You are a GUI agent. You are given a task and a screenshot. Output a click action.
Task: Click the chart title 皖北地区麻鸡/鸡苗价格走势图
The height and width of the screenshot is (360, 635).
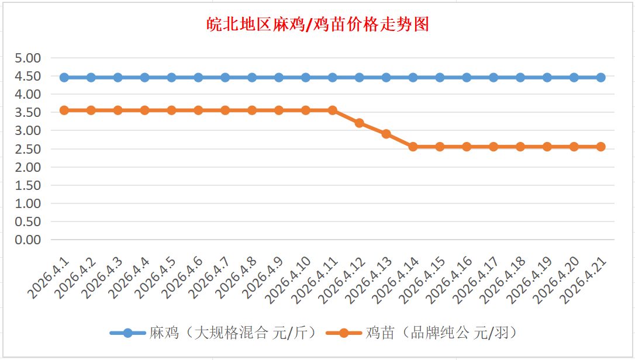[317, 25]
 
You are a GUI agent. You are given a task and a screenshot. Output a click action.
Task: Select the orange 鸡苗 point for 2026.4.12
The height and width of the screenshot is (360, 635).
[360, 123]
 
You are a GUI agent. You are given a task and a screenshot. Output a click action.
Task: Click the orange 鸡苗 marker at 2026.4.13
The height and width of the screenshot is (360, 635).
[386, 134]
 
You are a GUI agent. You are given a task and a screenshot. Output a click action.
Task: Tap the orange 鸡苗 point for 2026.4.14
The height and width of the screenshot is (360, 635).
[413, 147]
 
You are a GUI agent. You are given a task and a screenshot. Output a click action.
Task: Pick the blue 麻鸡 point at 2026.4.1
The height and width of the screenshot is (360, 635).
[64, 77]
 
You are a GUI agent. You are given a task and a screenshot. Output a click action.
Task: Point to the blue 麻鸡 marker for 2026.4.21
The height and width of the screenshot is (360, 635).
[601, 77]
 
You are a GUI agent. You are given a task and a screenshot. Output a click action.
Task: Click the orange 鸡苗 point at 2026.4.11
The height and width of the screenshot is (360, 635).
[333, 110]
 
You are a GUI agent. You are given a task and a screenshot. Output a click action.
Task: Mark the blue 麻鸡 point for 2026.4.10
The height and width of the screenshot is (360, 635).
[306, 77]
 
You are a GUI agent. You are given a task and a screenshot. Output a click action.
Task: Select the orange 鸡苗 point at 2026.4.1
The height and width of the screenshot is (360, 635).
[64, 110]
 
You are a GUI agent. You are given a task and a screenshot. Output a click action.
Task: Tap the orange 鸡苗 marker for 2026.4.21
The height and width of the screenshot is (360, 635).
[601, 147]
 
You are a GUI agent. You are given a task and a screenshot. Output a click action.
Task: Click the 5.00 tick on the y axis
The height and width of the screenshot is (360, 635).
[28, 58]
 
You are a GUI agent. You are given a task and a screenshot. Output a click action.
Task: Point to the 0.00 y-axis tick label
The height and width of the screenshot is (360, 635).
[28, 240]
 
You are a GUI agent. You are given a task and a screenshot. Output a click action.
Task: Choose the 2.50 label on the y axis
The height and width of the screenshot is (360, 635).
[28, 149]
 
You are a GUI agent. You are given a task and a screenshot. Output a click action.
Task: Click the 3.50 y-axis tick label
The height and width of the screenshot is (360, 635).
[28, 112]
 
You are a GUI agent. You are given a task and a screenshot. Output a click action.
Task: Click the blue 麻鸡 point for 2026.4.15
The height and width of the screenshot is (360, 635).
[440, 77]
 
